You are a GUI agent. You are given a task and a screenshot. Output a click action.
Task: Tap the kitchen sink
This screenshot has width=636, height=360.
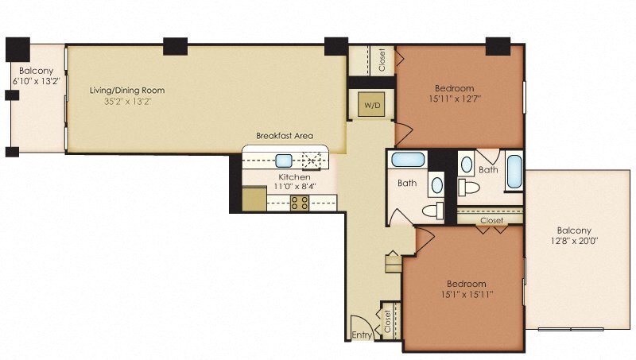click(x=284, y=159)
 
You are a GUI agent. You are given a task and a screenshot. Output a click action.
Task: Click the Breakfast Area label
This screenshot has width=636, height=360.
click(x=284, y=136)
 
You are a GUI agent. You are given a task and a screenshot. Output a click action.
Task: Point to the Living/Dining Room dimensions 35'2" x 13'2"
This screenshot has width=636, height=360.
click(x=127, y=102)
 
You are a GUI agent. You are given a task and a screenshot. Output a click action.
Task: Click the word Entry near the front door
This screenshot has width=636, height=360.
click(x=362, y=336)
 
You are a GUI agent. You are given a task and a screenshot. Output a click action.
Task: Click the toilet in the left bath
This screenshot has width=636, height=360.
click(x=434, y=211)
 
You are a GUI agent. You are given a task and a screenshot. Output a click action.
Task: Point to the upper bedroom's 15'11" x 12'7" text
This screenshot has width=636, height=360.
click(x=454, y=99)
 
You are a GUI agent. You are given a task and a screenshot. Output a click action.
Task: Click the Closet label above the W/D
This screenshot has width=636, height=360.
click(x=382, y=61)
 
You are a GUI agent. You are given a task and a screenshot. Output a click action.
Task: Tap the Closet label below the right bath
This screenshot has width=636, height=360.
click(x=491, y=220)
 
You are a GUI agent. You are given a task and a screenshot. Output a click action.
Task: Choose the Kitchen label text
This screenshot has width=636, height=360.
click(x=293, y=176)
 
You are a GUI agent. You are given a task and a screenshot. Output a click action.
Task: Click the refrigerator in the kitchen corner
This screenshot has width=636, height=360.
click(x=254, y=198)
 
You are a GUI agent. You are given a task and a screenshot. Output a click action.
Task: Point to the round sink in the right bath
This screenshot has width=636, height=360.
click(x=467, y=166)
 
